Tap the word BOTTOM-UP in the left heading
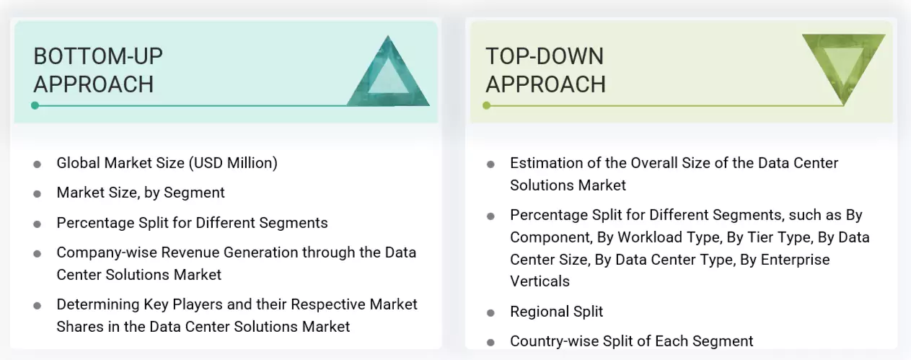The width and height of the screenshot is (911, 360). point(98,56)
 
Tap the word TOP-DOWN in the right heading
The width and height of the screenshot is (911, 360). point(545,56)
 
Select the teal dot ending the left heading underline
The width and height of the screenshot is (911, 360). point(35,105)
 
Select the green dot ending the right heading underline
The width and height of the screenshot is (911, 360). point(487,105)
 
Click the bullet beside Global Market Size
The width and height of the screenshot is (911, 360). point(37,164)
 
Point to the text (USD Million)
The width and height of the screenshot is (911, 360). point(233,163)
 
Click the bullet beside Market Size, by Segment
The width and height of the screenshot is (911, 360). point(37,193)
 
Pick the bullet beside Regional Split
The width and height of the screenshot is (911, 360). point(490,312)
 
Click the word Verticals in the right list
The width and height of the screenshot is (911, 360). point(540,281)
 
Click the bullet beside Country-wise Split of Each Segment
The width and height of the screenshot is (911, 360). point(490,342)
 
